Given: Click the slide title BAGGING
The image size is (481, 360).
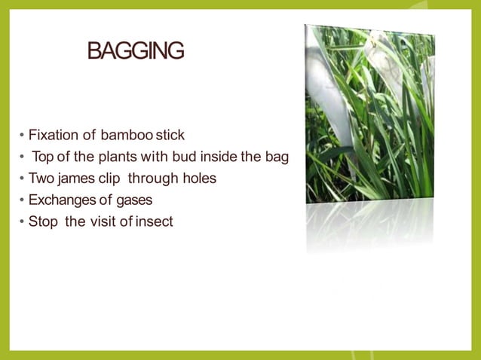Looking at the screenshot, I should (136, 51).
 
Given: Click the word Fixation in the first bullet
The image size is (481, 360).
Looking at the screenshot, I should (54, 136).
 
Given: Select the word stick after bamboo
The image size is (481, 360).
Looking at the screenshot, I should (170, 136).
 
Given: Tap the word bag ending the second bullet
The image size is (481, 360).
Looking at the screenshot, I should (278, 158).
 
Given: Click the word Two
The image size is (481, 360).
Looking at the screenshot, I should (40, 179).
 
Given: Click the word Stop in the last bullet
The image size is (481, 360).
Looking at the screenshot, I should (42, 222).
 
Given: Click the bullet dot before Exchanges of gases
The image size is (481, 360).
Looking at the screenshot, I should (22, 201).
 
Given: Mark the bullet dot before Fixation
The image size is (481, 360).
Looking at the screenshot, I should (22, 136).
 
